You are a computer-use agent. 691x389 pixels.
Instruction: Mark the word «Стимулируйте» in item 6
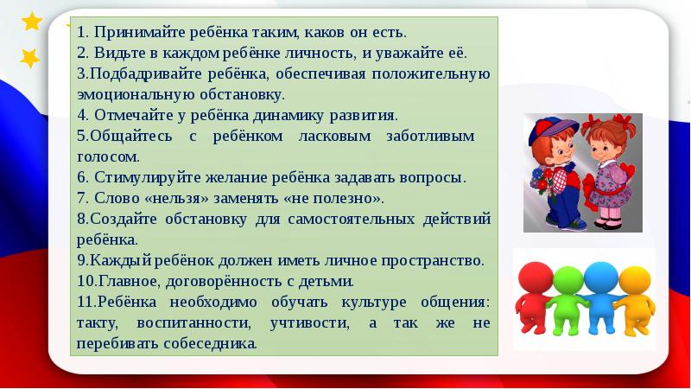(134, 178)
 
